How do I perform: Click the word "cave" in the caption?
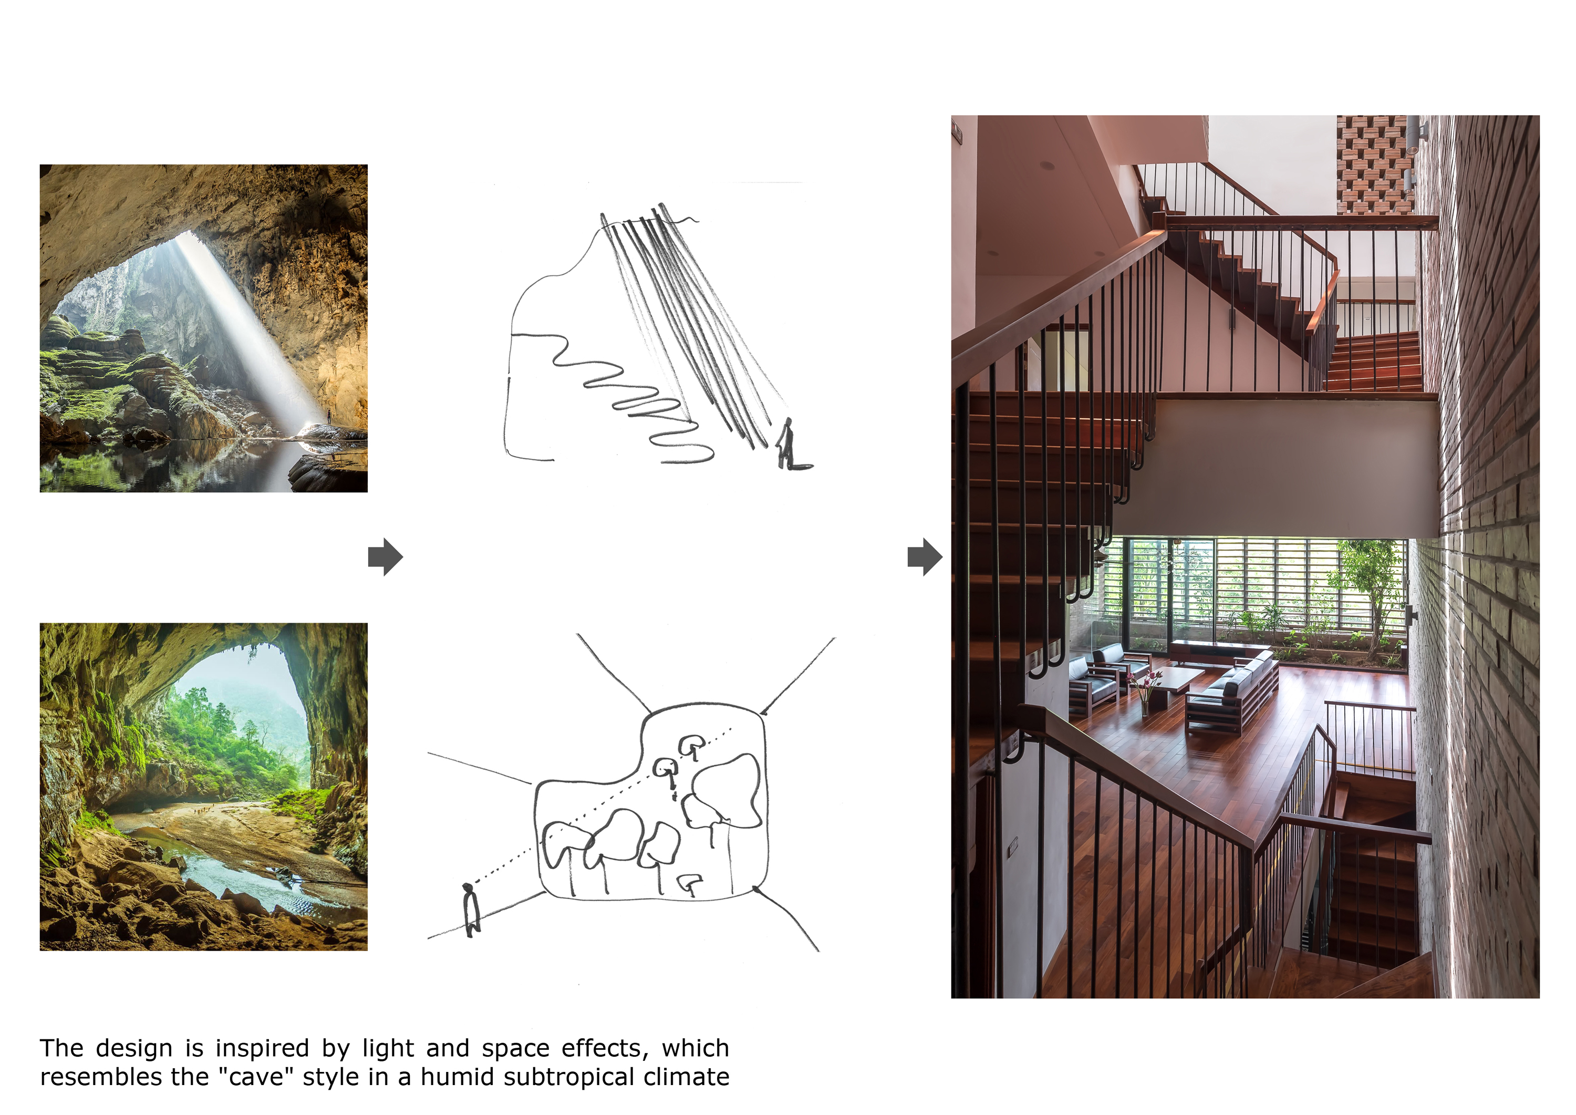(256, 1077)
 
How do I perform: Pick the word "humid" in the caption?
(457, 1077)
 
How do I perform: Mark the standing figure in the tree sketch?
(471, 909)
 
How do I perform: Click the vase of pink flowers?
(1143, 690)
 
